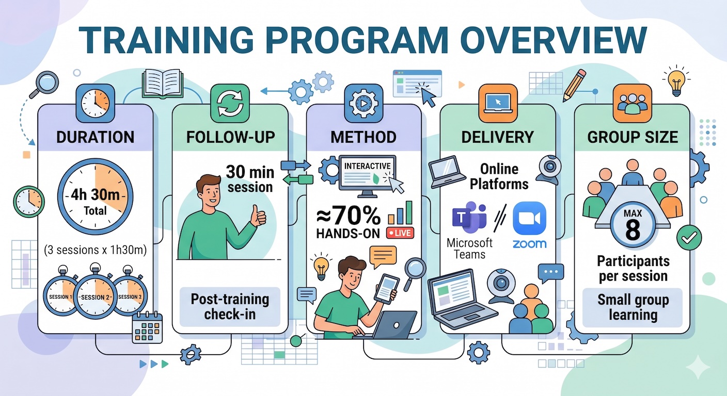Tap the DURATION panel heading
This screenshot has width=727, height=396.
95,137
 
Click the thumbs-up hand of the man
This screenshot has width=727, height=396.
258,216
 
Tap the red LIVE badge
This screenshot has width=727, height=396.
400,233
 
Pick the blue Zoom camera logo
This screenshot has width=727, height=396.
529,219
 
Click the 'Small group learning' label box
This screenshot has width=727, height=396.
633,307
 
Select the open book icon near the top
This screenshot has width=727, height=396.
163,84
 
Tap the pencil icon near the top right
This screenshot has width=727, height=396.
574,86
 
